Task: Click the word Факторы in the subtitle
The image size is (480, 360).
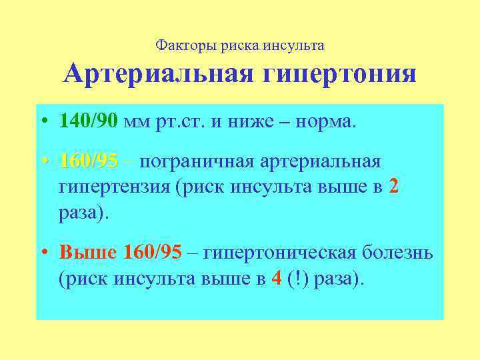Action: [177, 45]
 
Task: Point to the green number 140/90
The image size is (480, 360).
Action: [88, 121]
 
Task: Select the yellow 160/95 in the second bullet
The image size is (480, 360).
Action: [88, 161]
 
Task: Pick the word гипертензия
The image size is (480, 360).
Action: [115, 188]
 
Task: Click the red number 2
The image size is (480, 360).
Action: [393, 188]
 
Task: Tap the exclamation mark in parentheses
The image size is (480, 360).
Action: [297, 279]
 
